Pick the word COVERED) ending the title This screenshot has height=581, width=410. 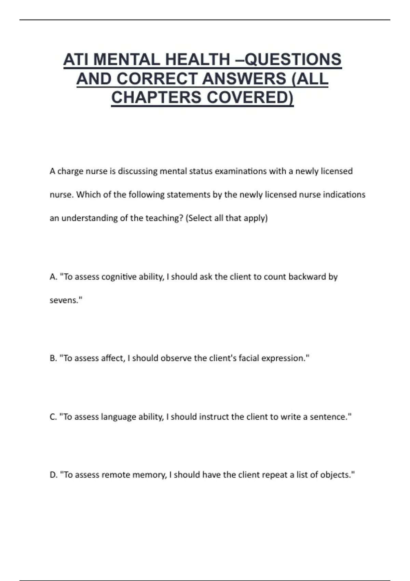(250, 97)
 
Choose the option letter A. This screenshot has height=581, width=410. (53, 277)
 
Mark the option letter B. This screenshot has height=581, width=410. (53, 358)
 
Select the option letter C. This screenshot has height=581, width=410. (53, 417)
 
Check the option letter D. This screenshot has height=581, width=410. (53, 475)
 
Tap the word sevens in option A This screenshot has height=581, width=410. (64, 300)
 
